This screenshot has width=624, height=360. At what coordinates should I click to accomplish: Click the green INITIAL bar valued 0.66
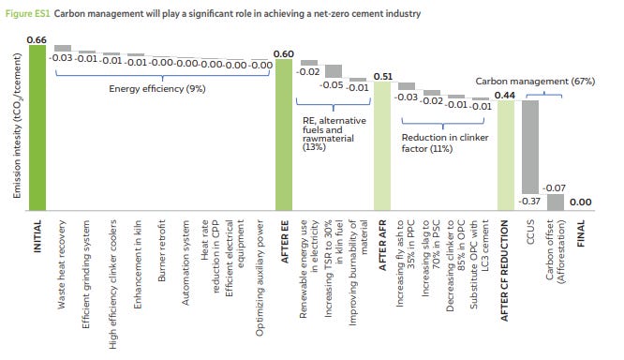point(37,127)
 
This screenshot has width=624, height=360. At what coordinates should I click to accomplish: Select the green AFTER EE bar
point(284,135)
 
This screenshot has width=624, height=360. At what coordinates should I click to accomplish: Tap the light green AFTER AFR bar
point(382,145)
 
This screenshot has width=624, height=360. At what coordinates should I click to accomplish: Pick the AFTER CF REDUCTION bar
point(506,156)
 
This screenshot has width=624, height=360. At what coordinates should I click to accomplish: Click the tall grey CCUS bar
point(530,147)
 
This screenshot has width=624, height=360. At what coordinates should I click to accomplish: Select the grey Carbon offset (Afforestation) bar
point(556,202)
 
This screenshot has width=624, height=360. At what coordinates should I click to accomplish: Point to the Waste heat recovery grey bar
point(63,48)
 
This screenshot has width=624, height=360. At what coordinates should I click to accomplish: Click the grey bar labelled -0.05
point(334,71)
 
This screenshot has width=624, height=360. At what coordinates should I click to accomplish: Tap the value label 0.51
point(383,76)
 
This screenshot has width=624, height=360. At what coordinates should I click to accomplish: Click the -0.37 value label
point(529,202)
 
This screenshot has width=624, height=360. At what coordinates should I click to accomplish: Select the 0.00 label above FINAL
point(580,202)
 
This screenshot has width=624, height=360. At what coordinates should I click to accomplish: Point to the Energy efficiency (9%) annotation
point(157,89)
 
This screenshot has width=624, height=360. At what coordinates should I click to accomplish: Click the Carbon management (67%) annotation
point(535,82)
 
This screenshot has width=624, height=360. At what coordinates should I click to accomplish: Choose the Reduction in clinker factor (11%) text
point(445,142)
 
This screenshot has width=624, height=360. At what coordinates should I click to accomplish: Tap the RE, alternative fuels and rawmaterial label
point(334,134)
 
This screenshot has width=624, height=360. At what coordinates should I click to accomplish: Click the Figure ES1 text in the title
point(27,13)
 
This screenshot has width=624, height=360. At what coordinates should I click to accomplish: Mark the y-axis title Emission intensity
point(17,126)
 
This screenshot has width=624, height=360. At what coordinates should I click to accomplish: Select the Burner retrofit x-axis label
point(161,250)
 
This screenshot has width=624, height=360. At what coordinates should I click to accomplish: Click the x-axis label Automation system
point(186,262)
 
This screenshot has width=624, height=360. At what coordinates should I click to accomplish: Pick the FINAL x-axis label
point(581,233)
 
